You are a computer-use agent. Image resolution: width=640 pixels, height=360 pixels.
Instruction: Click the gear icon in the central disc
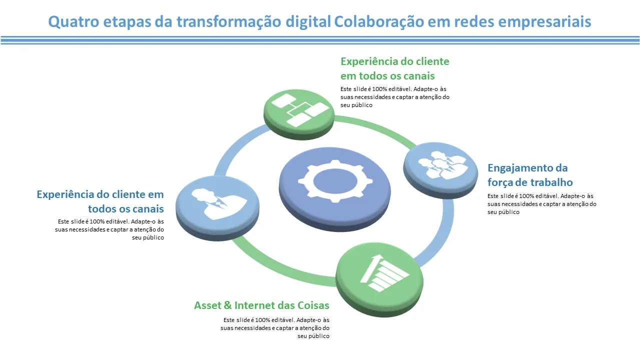(334, 180)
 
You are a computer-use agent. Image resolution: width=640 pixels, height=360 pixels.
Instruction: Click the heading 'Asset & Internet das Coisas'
(261, 305)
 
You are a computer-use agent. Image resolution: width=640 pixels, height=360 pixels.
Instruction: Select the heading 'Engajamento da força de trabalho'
(530, 175)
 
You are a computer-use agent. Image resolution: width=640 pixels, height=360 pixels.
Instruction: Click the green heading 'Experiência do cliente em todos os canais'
(394, 68)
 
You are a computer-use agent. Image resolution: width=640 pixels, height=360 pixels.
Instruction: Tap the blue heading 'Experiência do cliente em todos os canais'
(100, 201)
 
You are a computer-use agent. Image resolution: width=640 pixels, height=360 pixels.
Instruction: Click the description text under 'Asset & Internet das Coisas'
(275, 328)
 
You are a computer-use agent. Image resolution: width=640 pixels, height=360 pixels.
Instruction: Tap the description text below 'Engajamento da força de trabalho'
(542, 204)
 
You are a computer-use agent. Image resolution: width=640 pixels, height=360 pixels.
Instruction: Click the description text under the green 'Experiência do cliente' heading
(395, 97)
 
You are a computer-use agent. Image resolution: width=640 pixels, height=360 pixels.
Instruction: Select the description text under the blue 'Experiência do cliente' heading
(110, 229)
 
